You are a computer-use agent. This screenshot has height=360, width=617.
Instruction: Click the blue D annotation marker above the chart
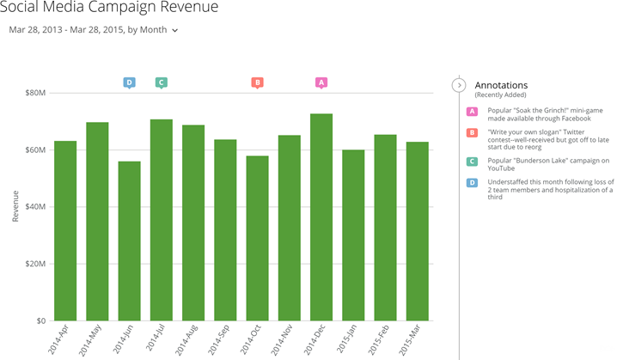click(129, 82)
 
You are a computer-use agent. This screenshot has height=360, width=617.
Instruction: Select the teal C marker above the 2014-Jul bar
click(161, 82)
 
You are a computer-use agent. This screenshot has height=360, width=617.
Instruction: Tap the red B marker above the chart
click(257, 82)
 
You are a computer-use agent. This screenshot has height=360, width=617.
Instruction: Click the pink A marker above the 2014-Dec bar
click(321, 82)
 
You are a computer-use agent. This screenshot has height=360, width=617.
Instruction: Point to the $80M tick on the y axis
click(34, 93)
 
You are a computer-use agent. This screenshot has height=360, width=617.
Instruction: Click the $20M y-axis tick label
click(34, 264)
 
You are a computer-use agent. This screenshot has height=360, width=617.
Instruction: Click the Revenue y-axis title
click(15, 207)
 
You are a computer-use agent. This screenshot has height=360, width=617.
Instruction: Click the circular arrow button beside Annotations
click(459, 85)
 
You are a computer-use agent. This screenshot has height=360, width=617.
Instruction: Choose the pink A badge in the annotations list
click(472, 112)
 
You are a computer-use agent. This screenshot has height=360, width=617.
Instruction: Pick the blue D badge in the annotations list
click(472, 182)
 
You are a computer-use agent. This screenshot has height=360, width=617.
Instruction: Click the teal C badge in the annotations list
click(472, 161)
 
